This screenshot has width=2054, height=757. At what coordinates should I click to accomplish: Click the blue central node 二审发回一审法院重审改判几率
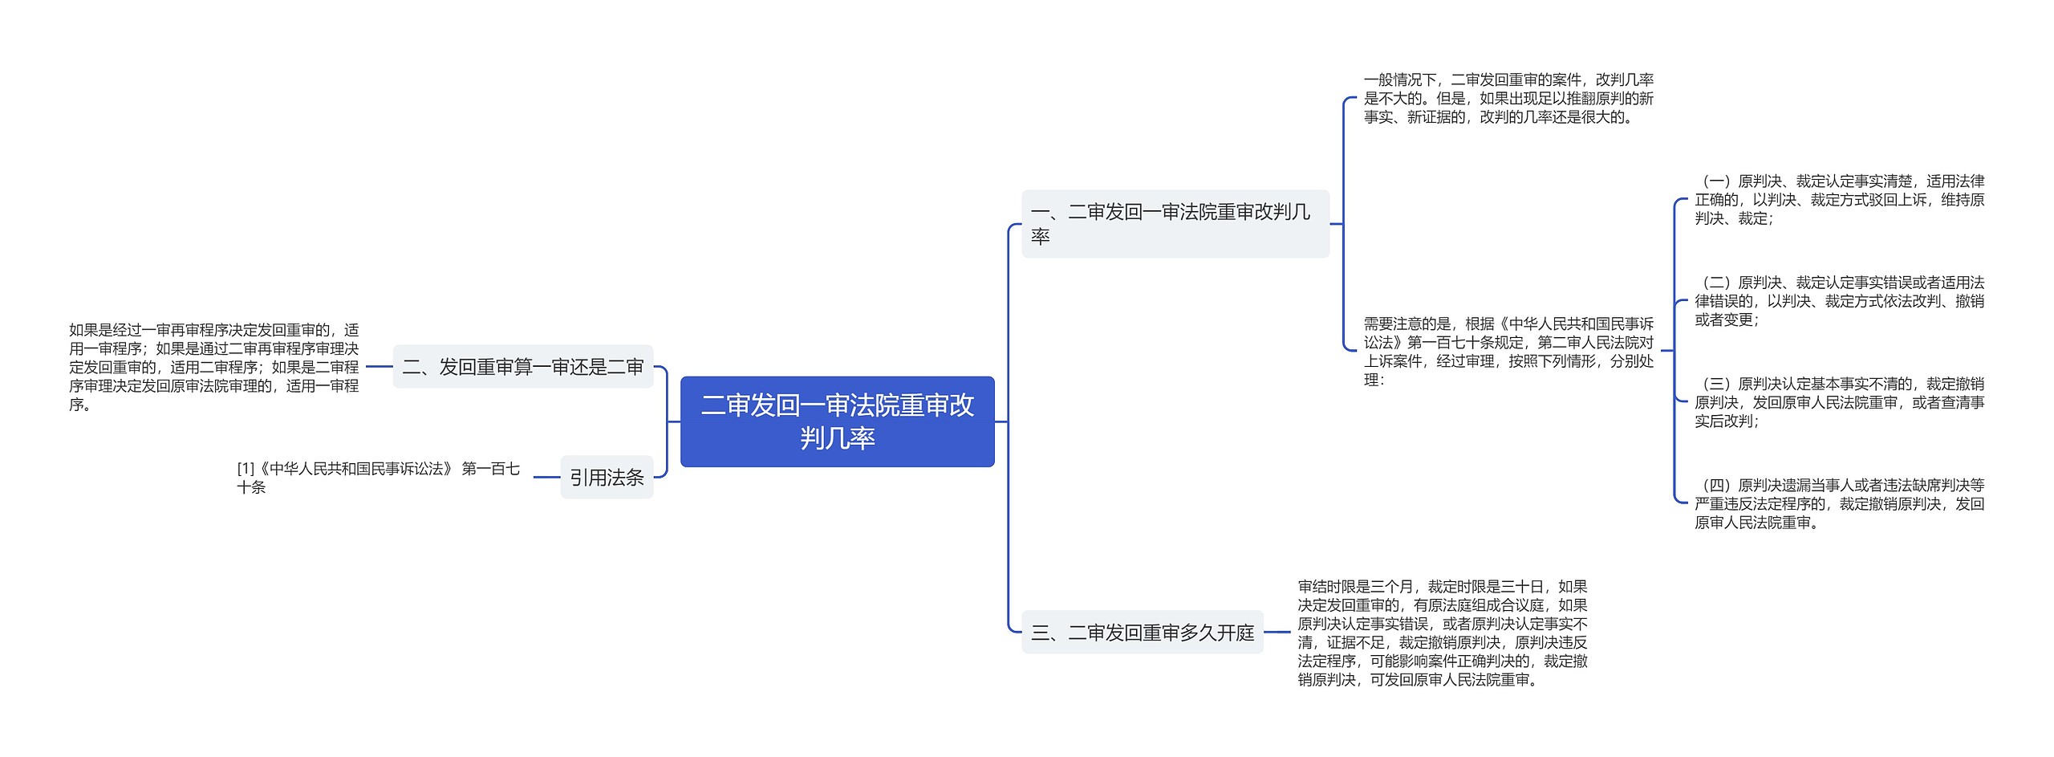point(837,421)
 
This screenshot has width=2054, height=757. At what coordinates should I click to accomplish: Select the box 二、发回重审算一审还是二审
point(522,367)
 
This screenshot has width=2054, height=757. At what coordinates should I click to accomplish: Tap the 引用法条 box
point(607,477)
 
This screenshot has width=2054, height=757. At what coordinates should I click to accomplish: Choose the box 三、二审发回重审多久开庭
point(1142,633)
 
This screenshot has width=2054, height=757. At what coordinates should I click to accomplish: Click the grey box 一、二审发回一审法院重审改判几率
point(1175,224)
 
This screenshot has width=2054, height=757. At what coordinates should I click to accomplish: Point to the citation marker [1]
point(246,469)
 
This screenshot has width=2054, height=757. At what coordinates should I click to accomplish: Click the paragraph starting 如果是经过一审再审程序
point(213,367)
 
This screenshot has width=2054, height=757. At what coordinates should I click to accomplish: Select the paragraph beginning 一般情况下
point(1508,99)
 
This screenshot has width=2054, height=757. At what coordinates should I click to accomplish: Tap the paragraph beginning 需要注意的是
point(1508,352)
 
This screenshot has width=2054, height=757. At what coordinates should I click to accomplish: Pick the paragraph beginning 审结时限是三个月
point(1442,633)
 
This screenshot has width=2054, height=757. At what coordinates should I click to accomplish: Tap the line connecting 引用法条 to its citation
point(546,477)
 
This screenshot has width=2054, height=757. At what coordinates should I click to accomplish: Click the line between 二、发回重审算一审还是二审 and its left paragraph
point(379,367)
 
